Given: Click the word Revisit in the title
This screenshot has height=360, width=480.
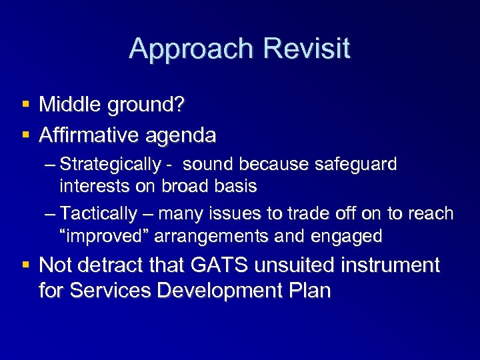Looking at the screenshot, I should click(307, 49).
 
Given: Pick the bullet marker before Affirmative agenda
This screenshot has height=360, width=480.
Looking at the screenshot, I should click(25, 135).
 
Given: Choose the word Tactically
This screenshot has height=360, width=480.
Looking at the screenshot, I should click(99, 214).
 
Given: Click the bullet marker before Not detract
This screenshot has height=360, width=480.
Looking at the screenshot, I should click(25, 266).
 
